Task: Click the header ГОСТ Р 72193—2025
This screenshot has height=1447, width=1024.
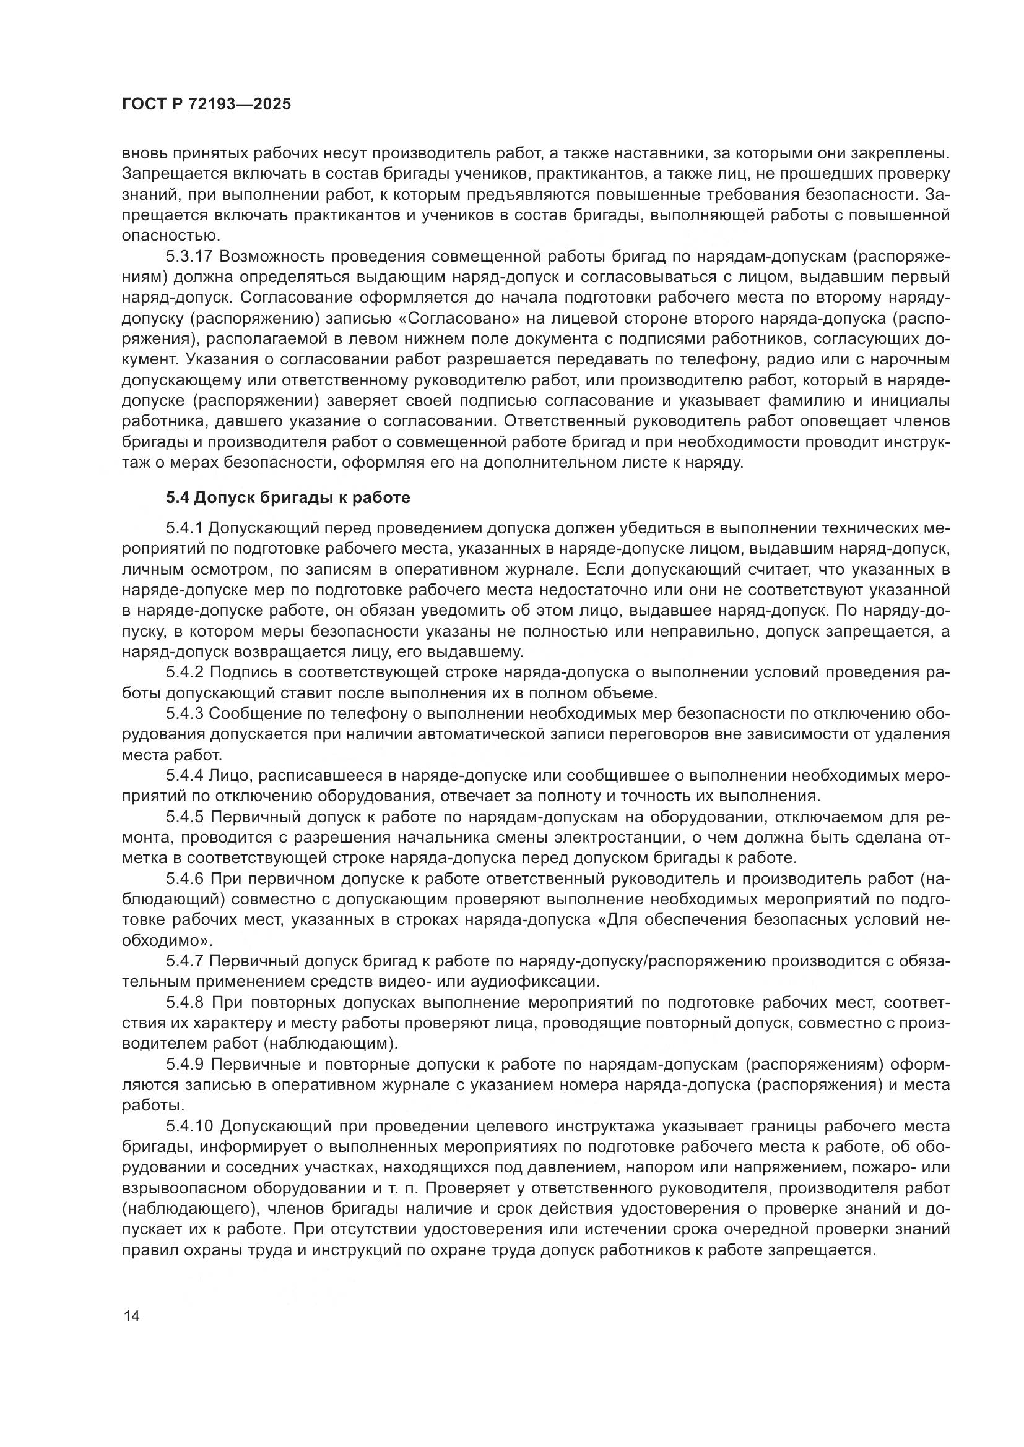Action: (206, 105)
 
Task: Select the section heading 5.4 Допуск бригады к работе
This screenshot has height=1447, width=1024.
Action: (287, 498)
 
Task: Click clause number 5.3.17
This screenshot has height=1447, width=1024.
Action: (190, 257)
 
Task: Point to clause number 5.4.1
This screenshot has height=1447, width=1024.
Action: (184, 528)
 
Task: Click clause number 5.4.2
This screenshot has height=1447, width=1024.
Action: (184, 673)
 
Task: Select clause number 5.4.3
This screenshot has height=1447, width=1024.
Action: (184, 714)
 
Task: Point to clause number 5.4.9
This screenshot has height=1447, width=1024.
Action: (184, 1065)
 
